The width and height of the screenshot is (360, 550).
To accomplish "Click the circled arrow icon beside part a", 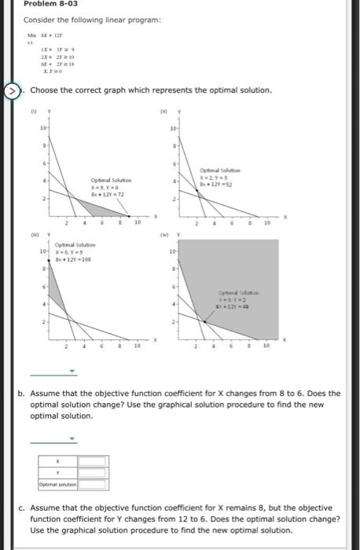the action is point(11,90).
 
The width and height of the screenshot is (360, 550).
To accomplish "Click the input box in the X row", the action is point(92,462).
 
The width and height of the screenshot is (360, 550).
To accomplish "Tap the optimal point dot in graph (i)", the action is point(129,215).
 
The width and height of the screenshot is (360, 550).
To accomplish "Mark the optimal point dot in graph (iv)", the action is point(205,321).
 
